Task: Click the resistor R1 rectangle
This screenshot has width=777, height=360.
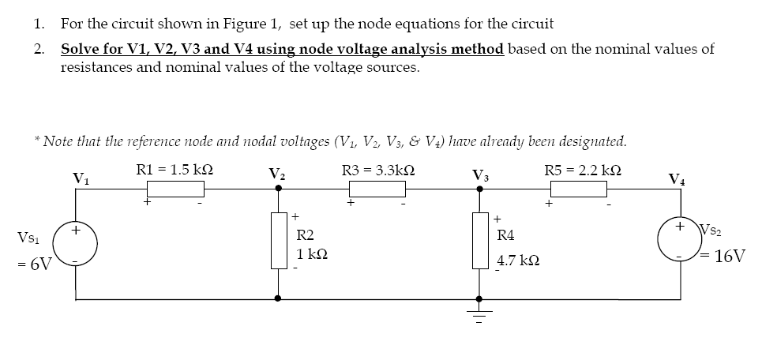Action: click(175, 189)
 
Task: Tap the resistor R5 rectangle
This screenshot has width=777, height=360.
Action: click(578, 189)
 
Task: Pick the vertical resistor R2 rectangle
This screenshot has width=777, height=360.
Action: click(277, 241)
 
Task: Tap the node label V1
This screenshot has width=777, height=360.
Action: click(80, 178)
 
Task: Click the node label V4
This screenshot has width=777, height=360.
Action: click(677, 179)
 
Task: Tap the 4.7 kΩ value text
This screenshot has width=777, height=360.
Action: click(518, 259)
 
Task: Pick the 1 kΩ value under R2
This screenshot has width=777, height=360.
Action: click(312, 255)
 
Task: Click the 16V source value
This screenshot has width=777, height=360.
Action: click(730, 257)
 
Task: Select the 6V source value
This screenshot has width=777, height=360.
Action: click(34, 264)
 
